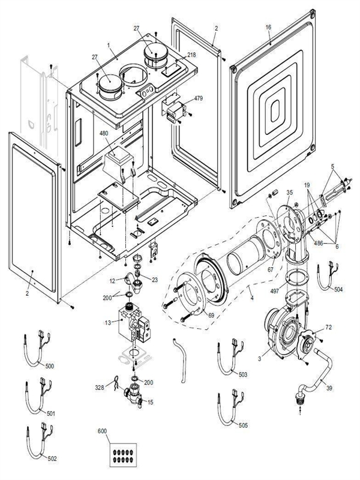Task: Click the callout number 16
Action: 268,27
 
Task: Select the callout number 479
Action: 198,98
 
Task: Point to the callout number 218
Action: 191,55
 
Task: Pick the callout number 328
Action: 100,388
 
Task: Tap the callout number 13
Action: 109,323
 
